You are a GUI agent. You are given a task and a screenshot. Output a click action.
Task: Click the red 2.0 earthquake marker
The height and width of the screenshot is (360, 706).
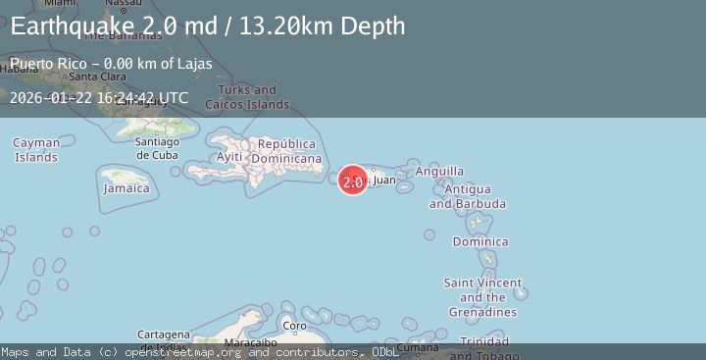coord(353,180)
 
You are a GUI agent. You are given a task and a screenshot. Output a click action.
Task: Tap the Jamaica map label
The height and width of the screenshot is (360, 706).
coord(126,187)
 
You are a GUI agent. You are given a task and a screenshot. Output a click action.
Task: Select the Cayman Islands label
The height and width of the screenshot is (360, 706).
coord(36,150)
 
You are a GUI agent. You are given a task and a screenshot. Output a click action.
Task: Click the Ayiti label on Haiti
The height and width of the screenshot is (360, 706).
coord(228,157)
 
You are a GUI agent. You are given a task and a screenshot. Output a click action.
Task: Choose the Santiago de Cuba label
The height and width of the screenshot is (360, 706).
coord(157,148)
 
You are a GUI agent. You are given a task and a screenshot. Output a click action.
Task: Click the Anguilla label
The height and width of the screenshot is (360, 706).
coord(440,171)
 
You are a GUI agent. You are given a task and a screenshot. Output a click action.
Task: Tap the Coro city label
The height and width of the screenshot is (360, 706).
coord(294,326)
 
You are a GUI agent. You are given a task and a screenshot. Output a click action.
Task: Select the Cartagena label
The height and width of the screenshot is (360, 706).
coord(163,334)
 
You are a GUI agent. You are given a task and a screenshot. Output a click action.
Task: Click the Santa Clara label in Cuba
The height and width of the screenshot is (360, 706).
coord(95,77)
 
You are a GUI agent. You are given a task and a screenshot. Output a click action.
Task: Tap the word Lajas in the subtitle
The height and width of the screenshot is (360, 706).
coord(193,65)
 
